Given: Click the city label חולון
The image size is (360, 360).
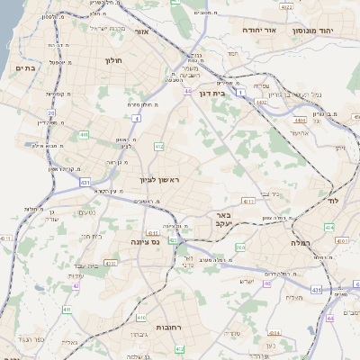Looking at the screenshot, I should tap(113, 61).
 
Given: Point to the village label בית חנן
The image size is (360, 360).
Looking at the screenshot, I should tap(91, 236).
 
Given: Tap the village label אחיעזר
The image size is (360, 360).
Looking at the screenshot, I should tap(301, 132).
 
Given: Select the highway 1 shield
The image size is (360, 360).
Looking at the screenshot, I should tap(241, 91).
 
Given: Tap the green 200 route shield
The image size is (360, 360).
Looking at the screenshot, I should tap(239, 247).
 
